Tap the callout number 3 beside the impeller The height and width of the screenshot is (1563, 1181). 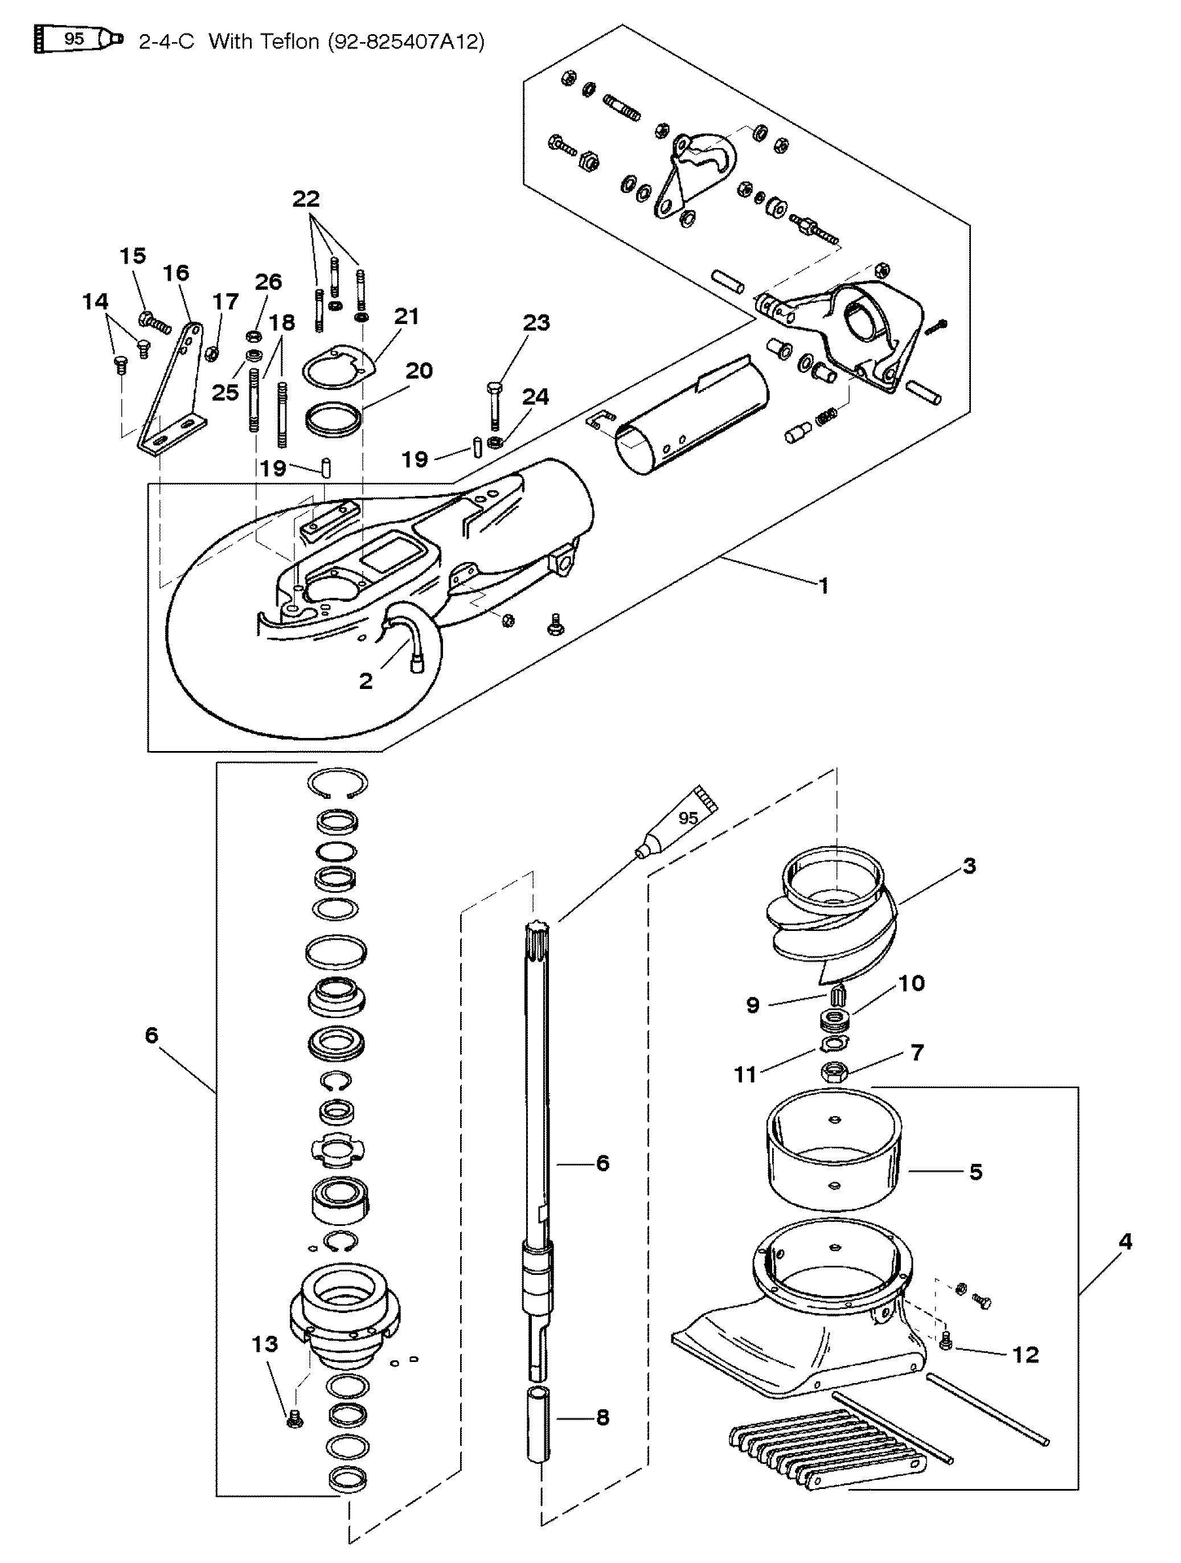969,865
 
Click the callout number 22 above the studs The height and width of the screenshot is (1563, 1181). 306,199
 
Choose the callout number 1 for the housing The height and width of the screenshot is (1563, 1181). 823,585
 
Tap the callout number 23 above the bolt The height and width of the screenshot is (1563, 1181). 536,323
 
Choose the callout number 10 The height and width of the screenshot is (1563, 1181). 911,983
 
